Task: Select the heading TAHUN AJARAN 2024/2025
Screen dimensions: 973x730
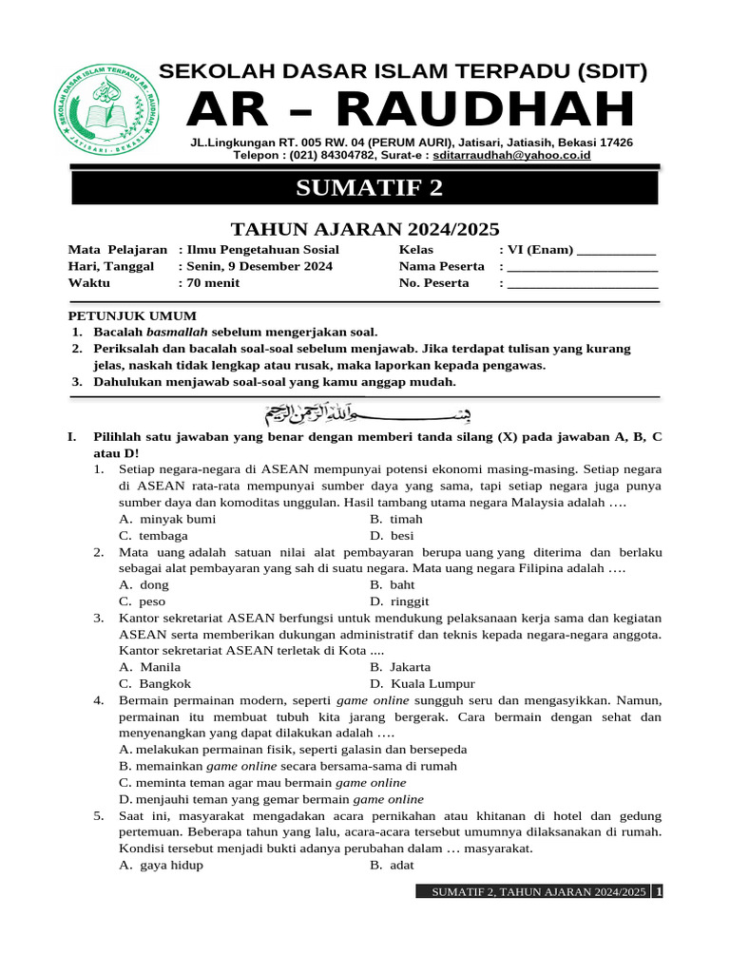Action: [366, 228]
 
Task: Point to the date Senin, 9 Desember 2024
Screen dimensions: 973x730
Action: [259, 266]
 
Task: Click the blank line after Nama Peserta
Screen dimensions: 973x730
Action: [583, 267]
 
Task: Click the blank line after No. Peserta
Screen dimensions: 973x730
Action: [583, 284]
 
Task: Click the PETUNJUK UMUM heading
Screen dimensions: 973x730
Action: [132, 316]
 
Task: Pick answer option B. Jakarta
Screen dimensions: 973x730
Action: [400, 667]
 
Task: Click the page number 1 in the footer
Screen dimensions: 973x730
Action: [659, 892]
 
